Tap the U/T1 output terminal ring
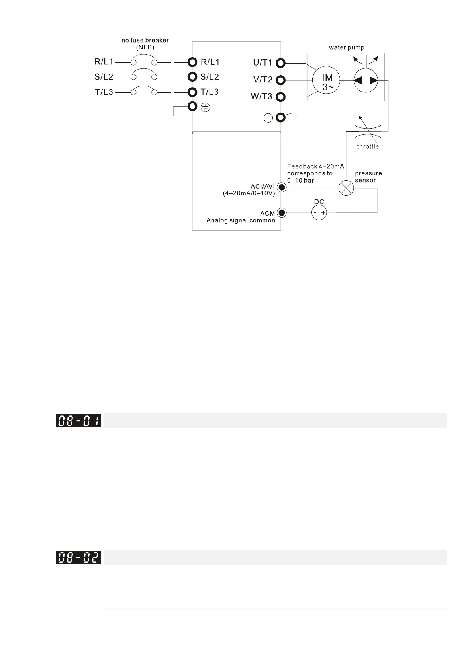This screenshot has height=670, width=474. [x=281, y=63]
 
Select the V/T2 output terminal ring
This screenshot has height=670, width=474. [x=281, y=80]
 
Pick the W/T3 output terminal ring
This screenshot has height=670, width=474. [x=281, y=97]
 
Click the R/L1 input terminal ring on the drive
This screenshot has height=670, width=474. [x=193, y=62]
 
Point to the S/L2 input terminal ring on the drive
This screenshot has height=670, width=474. [x=193, y=77]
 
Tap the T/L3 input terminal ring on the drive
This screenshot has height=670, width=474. [x=193, y=92]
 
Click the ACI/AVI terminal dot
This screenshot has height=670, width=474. [x=281, y=187]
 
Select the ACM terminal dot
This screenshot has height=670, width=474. [x=281, y=213]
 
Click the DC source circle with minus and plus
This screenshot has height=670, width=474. [x=319, y=213]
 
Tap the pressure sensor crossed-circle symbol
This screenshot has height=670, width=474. [x=346, y=188]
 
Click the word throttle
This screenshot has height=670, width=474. [x=368, y=146]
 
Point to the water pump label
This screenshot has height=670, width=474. [x=347, y=48]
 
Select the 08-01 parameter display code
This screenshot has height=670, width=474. [x=78, y=421]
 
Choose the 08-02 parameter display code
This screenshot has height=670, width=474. [x=78, y=557]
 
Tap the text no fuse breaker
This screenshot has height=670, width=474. [x=145, y=40]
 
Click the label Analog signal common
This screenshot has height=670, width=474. [x=241, y=220]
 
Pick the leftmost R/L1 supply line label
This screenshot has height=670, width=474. [x=104, y=62]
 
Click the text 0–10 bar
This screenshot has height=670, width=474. [x=300, y=180]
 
